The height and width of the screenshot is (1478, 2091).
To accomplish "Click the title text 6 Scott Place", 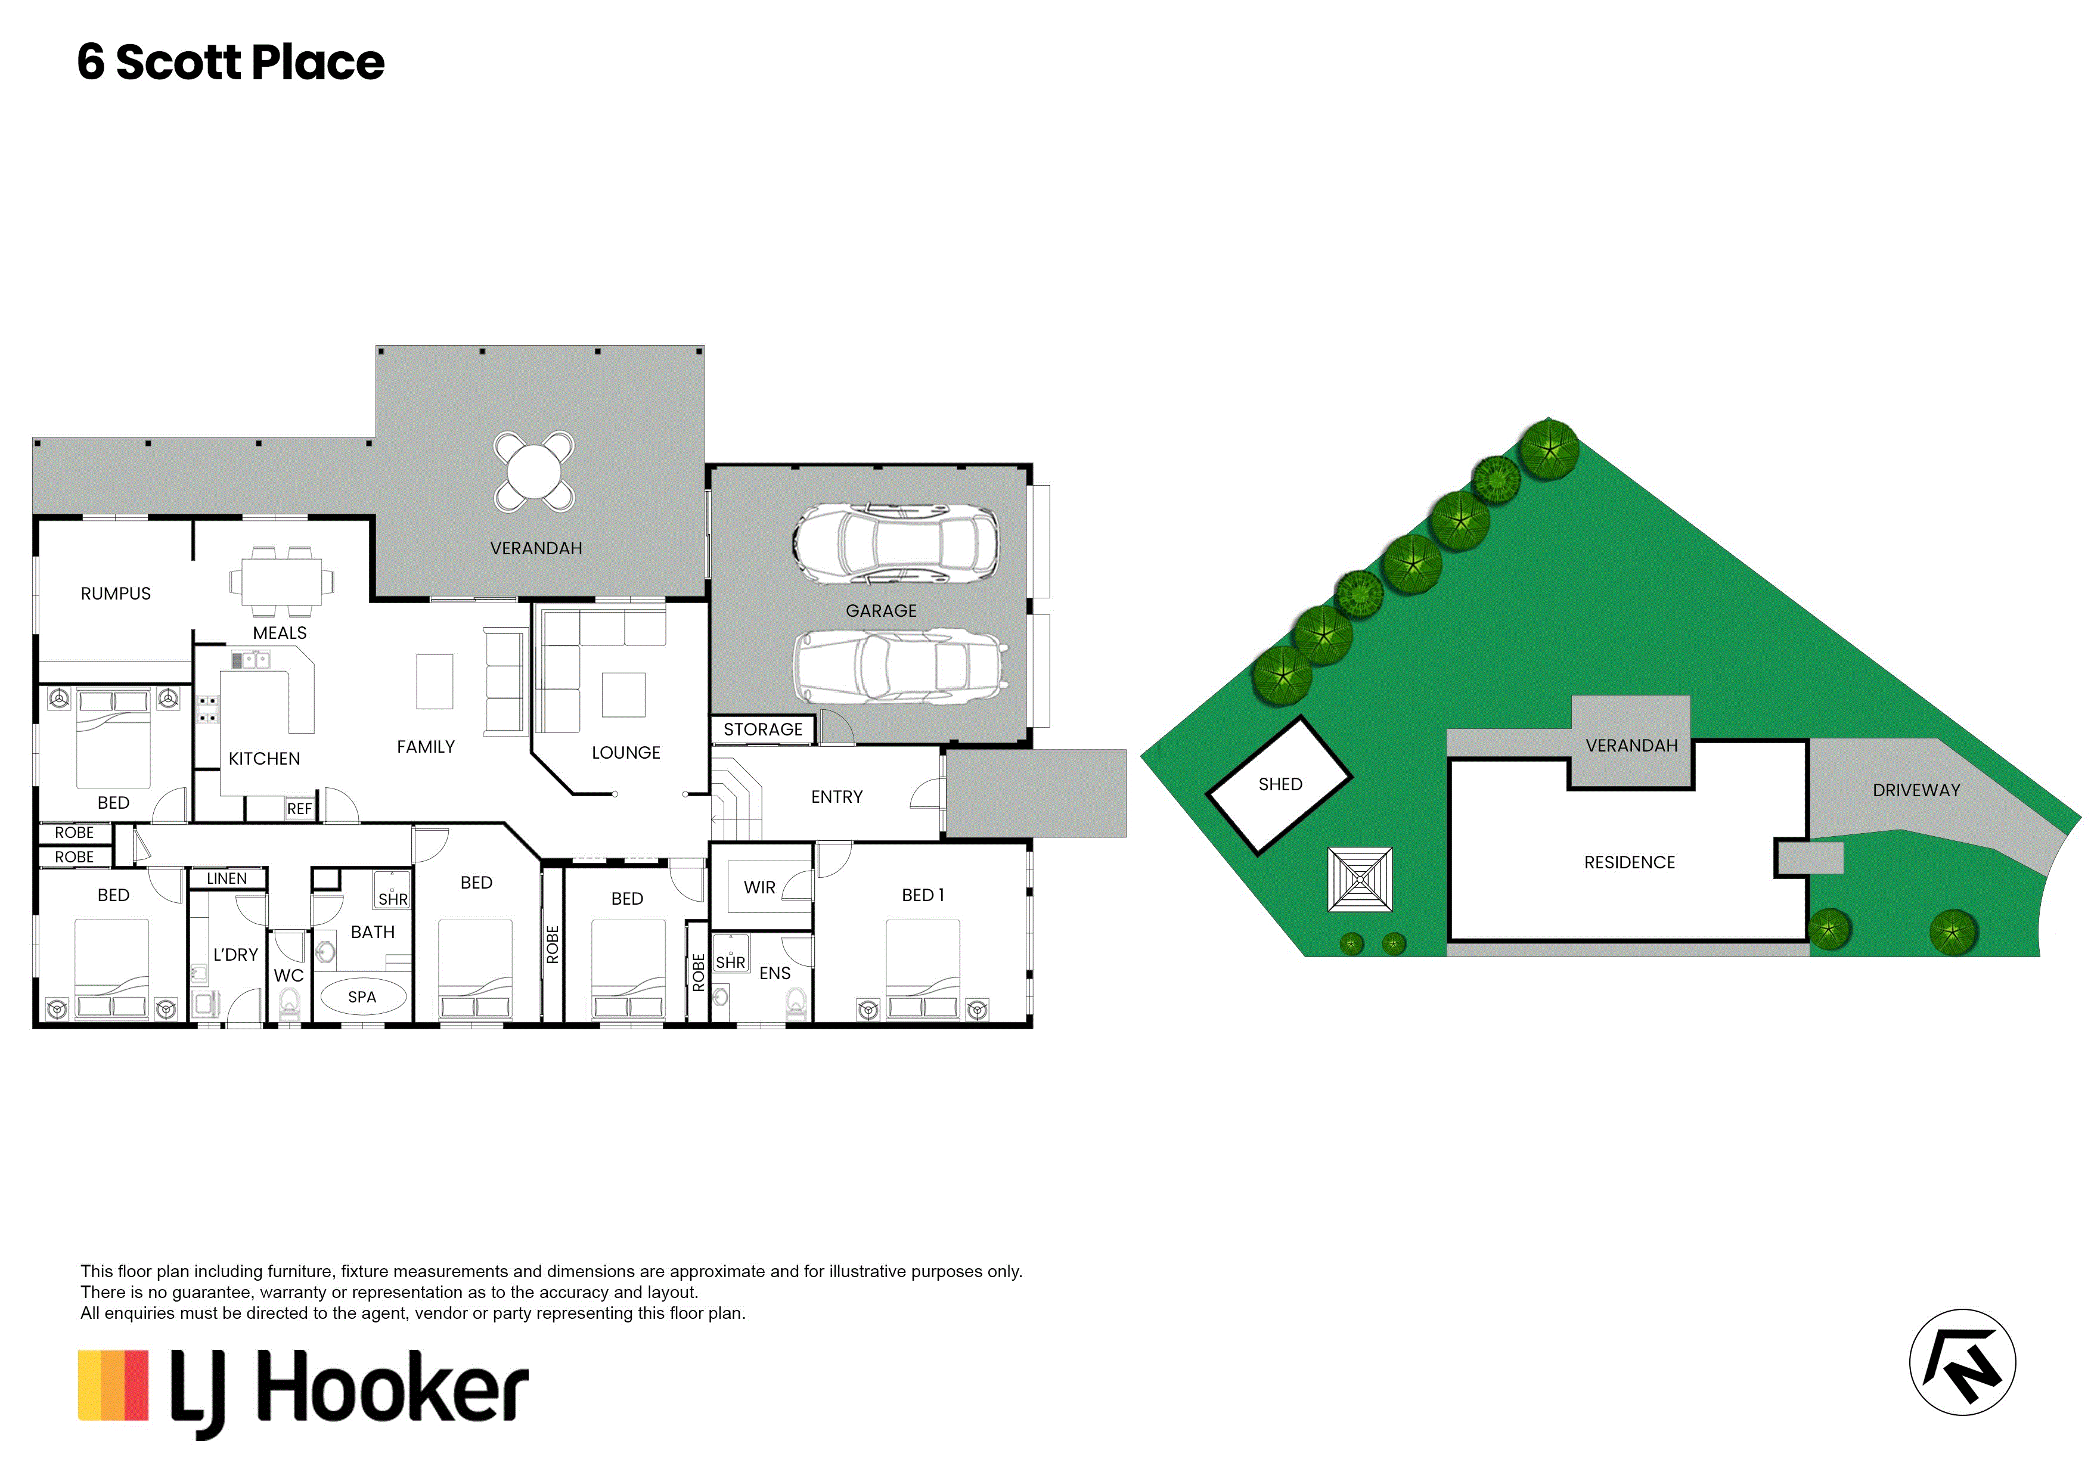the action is (231, 62).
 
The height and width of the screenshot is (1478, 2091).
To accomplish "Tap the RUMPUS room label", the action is (116, 594).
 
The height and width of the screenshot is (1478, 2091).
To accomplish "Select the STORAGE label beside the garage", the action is (763, 729).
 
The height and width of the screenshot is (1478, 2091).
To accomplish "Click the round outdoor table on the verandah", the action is (535, 471).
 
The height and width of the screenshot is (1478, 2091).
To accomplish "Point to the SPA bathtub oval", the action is (362, 996).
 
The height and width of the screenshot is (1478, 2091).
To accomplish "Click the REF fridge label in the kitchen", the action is (300, 809).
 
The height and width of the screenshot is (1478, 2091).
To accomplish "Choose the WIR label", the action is (759, 887).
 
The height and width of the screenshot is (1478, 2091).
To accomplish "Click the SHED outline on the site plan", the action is (1280, 785).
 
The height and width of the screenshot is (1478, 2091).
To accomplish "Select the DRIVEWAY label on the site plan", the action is (1916, 790).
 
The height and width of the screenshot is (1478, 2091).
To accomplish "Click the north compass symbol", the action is (1963, 1362).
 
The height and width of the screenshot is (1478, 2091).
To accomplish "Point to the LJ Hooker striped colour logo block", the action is (113, 1385).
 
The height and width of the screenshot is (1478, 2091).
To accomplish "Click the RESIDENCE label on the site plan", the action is (1629, 862).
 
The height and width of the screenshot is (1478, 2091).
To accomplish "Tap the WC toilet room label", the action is (288, 976).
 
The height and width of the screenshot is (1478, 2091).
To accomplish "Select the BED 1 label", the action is (923, 895).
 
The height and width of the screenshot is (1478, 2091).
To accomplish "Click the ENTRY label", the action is (837, 797).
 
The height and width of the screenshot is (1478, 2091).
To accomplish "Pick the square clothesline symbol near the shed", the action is (1360, 880).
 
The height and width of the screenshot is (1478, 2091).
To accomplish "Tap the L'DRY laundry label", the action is (236, 954).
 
